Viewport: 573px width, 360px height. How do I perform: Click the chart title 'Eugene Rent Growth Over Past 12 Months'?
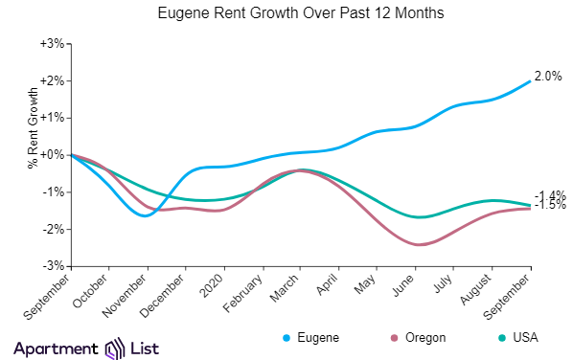[x=286, y=15]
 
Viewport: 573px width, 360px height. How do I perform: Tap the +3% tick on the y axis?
[x=51, y=44]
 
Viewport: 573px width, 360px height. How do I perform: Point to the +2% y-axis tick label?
[x=51, y=80]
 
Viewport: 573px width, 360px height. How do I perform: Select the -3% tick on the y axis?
[x=51, y=265]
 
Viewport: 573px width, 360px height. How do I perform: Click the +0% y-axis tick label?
[x=51, y=154]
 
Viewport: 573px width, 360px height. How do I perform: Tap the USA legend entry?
[x=517, y=338]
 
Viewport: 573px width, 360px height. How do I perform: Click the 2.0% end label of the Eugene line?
[x=547, y=77]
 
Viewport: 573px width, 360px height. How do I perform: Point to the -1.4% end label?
[x=549, y=195]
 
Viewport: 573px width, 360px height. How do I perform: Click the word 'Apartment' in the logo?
[x=57, y=347]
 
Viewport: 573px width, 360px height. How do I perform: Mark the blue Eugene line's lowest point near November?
[x=145, y=215]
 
